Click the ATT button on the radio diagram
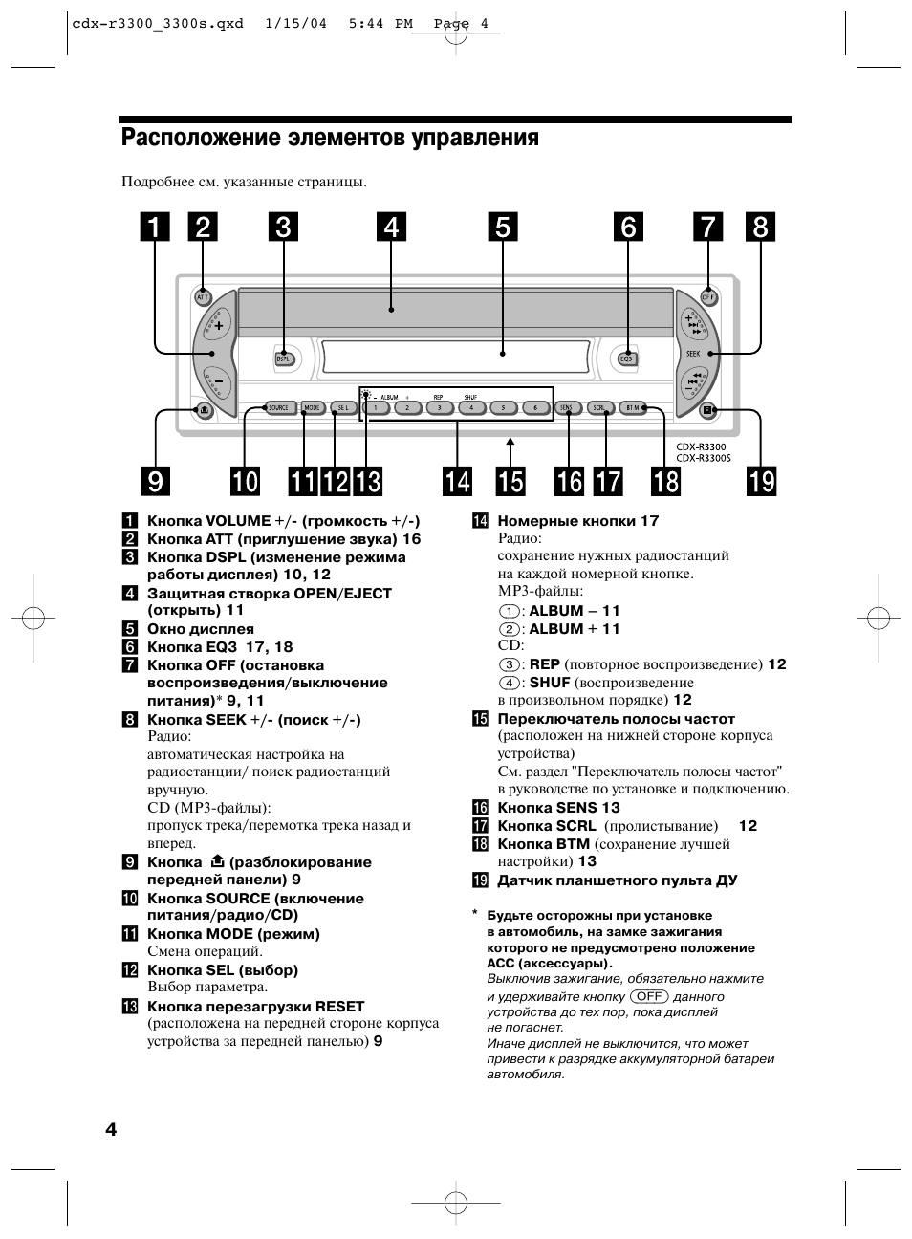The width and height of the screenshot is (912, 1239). pos(203,297)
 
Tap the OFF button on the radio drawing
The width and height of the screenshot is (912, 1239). pos(708,297)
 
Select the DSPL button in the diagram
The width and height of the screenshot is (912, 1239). pos(283,359)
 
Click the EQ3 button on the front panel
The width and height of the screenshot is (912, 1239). pos(627,359)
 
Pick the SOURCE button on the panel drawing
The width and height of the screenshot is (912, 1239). pos(277,408)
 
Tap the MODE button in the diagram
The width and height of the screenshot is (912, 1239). pos(312,408)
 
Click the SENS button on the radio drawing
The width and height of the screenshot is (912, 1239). pos(567,408)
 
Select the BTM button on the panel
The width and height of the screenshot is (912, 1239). pos(633,408)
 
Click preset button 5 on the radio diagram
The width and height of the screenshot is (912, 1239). pos(503,408)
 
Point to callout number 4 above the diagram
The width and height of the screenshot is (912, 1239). pos(391,228)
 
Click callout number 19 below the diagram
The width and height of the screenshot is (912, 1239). pos(762,481)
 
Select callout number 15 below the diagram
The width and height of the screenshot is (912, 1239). pos(510,481)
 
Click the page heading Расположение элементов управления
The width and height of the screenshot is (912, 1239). pos(330,139)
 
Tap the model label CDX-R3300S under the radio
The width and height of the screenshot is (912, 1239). pos(703,458)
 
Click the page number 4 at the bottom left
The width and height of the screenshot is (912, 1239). pos(111,1130)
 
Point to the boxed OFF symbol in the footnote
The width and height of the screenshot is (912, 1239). pos(649,996)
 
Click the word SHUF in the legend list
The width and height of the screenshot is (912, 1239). pos(550,683)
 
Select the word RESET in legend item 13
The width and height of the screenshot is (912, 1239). pos(339,1006)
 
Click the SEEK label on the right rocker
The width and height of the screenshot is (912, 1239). pos(693,354)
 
